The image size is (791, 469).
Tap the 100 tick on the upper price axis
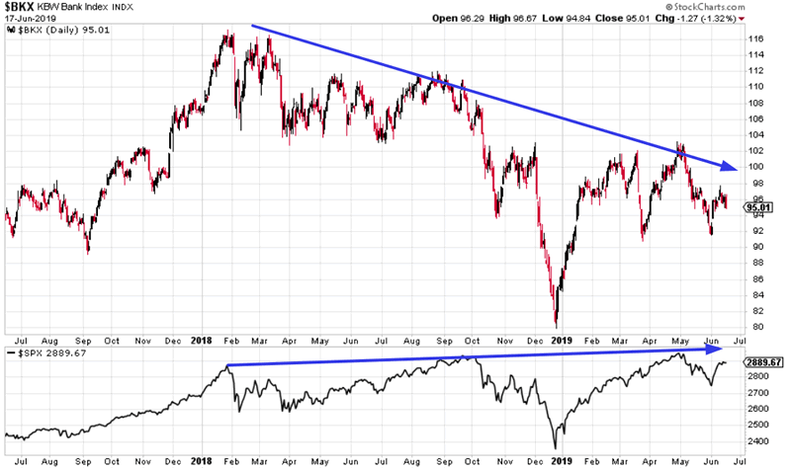pos(756,166)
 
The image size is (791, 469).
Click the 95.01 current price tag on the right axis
pos(756,206)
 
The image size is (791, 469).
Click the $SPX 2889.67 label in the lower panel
pos(44,352)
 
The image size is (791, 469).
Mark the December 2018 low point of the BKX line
pos(557,325)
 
